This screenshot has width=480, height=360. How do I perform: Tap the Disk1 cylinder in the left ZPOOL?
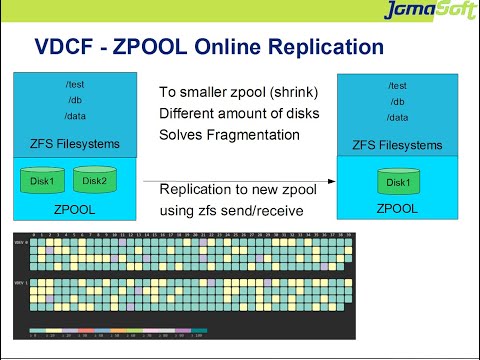pos(44,181)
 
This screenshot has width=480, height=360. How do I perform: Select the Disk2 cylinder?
pos(96,181)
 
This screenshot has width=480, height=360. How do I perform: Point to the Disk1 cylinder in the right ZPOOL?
pos(397,182)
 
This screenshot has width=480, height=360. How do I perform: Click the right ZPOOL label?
pos(397,210)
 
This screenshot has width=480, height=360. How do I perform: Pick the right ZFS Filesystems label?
pos(397,145)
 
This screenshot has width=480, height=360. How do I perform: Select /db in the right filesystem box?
pos(397,101)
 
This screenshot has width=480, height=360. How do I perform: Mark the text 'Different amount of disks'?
pos(239,113)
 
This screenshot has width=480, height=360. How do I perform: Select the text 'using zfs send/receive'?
pos(231,211)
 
